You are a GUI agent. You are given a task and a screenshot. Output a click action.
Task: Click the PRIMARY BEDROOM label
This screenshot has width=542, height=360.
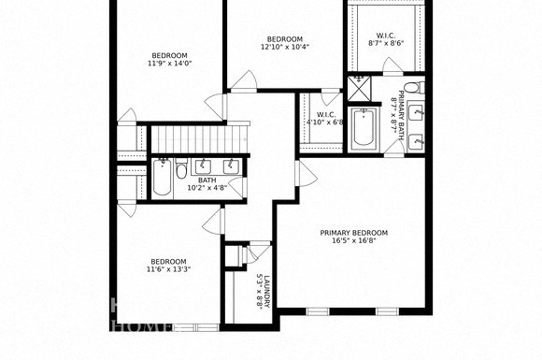[x=353, y=233]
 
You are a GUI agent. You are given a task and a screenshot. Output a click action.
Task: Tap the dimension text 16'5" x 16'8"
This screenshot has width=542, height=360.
[x=353, y=241]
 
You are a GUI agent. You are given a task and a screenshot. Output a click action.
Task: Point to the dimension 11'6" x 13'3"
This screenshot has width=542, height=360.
[x=167, y=270]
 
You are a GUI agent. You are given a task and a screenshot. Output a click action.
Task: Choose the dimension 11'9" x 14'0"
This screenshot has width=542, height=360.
[x=168, y=64]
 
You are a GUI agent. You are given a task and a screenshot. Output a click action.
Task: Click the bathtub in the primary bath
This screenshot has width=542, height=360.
[x=364, y=129]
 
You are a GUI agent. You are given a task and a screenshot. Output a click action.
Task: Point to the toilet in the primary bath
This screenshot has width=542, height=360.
[x=418, y=88]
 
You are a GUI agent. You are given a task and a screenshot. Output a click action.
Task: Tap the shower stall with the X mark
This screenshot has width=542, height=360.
[x=358, y=89]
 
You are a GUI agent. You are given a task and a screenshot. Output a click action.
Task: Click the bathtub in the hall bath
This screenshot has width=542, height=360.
[x=161, y=178]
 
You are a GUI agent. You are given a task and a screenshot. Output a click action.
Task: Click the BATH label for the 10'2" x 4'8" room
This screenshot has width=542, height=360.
[x=207, y=180]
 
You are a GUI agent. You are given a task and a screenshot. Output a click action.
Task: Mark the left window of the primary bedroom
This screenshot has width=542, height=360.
[x=319, y=311]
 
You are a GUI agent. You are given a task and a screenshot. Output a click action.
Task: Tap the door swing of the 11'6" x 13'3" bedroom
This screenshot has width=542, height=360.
[x=214, y=220]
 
